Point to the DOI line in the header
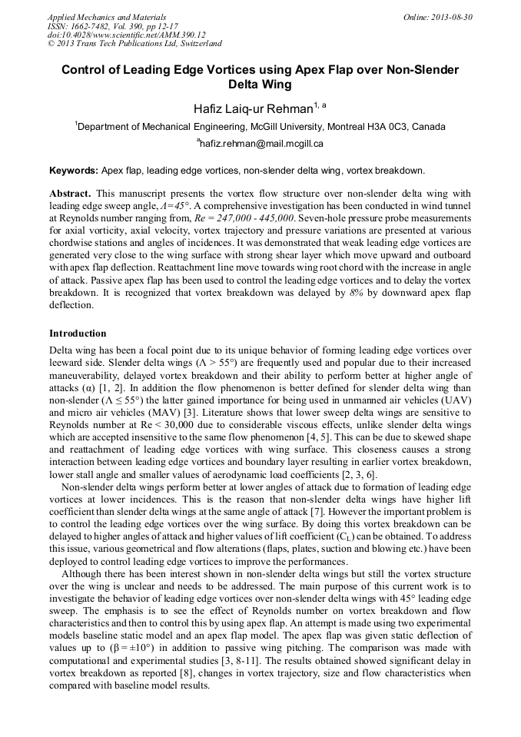click(126, 35)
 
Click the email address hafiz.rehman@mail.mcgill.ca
click(261, 144)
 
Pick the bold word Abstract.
click(70, 194)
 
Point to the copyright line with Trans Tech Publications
click(135, 44)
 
